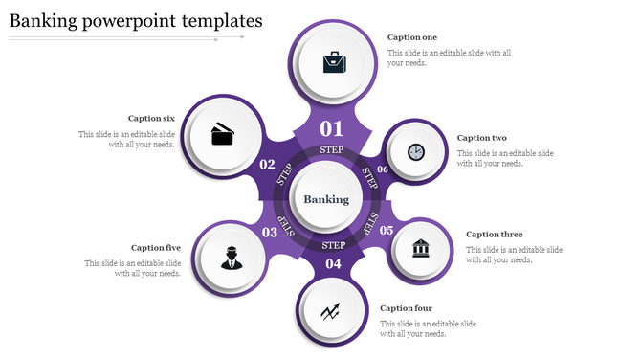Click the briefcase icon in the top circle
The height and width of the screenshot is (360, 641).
pyautogui.click(x=334, y=63)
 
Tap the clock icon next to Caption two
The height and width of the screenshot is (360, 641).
pyautogui.click(x=415, y=151)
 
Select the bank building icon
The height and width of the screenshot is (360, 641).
pyautogui.click(x=421, y=249)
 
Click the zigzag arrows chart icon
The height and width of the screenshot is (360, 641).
pyautogui.click(x=332, y=310)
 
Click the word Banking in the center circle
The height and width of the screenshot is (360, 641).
pyautogui.click(x=326, y=199)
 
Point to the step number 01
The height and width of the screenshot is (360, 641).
pyautogui.click(x=331, y=128)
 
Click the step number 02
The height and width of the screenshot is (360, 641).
pyautogui.click(x=268, y=164)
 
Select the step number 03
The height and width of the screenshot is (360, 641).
pyautogui.click(x=270, y=232)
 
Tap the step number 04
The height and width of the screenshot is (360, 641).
pyautogui.click(x=333, y=263)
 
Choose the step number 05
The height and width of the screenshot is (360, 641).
pyautogui.click(x=387, y=230)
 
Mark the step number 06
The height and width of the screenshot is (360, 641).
pyautogui.click(x=383, y=169)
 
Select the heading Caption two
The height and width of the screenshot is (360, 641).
pyautogui.click(x=481, y=138)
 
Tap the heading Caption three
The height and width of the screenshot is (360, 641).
pyautogui.click(x=494, y=235)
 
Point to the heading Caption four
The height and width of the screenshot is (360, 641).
pyautogui.click(x=406, y=308)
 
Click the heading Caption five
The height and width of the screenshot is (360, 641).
pyautogui.click(x=156, y=248)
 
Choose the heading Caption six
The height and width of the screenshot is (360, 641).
pyautogui.click(x=151, y=119)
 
